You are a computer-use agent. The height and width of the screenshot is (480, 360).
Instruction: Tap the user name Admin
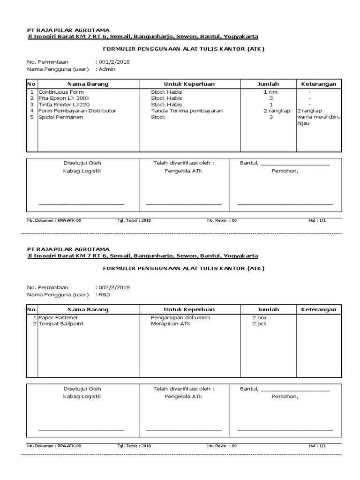(107, 69)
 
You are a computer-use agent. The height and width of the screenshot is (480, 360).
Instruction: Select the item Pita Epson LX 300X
(64, 98)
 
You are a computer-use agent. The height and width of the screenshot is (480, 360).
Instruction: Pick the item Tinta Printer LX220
(64, 105)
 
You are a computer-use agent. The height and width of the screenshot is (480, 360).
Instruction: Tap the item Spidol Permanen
(60, 117)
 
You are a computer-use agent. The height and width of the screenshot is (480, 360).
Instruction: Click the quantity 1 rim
(270, 92)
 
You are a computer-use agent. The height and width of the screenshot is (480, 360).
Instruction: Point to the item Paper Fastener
(58, 317)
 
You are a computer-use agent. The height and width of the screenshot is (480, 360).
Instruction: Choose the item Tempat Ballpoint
(61, 324)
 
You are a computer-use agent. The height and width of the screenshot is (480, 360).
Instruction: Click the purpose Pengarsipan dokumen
(180, 317)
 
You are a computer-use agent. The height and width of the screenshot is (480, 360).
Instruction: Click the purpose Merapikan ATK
(172, 324)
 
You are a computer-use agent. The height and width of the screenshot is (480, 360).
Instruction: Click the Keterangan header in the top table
(318, 84)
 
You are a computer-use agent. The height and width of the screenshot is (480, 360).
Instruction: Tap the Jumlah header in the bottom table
(268, 309)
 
